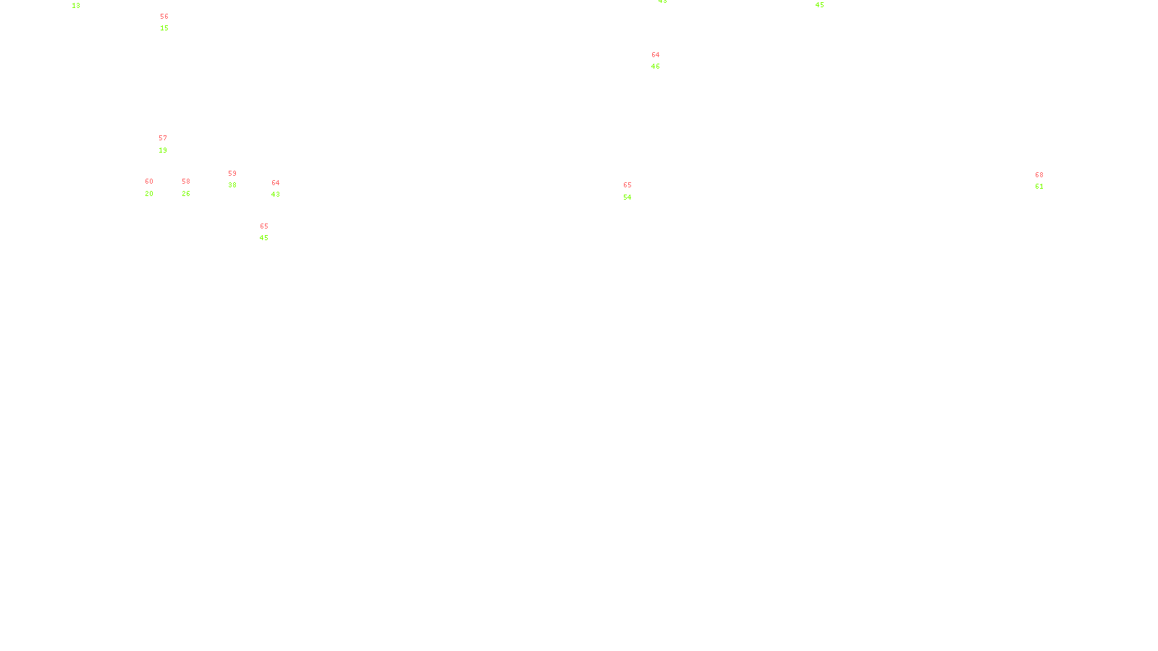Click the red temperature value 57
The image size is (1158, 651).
click(163, 138)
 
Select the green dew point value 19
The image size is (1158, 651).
click(163, 150)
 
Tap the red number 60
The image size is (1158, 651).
click(149, 182)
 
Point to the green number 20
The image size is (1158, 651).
click(149, 194)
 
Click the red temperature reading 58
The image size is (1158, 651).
click(186, 182)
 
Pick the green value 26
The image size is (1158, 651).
click(186, 194)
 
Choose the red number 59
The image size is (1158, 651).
click(232, 174)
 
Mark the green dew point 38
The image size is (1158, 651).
click(232, 185)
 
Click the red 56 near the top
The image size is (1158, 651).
click(164, 17)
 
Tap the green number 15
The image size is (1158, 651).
click(164, 28)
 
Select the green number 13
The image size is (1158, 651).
click(76, 6)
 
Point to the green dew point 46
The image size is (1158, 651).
click(655, 67)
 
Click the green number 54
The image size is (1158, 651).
click(627, 197)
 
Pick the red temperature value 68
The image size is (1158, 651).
click(1039, 175)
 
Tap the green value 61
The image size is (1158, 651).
click(1039, 187)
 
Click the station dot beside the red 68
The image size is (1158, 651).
click(1046, 181)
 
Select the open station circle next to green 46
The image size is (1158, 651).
click(662, 61)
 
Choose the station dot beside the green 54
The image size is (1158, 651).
click(635, 191)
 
